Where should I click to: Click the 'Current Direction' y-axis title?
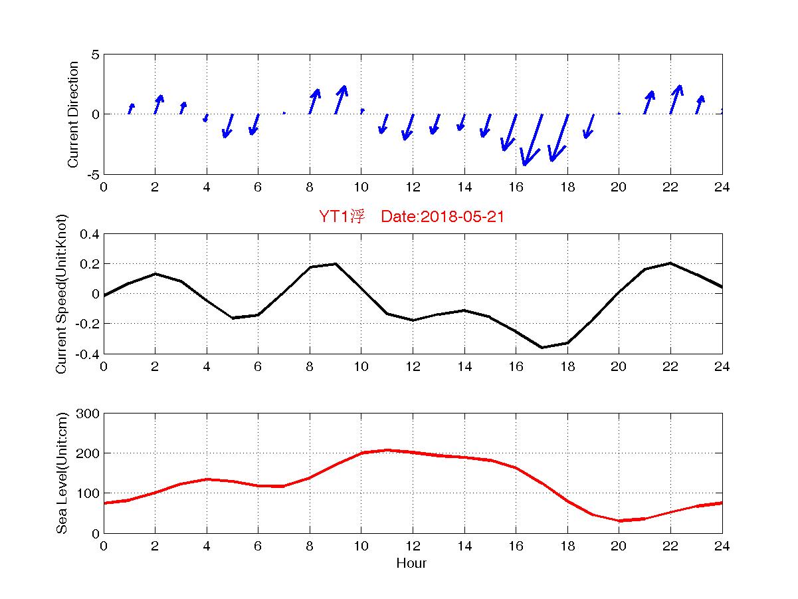[73, 114]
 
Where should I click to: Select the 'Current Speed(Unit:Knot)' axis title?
[62, 293]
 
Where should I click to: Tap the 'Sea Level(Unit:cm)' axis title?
[62, 473]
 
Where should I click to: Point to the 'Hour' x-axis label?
[411, 564]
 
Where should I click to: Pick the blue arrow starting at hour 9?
[340, 100]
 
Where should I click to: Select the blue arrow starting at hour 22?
[676, 100]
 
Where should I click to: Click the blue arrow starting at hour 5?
[228, 126]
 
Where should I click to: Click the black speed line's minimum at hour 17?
[542, 347]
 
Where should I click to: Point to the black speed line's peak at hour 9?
[336, 264]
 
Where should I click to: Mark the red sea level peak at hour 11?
[387, 450]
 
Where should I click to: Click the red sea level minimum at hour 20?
[619, 521]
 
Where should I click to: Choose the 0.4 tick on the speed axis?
[89, 234]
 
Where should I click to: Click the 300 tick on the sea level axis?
[89, 414]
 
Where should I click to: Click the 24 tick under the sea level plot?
[722, 546]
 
